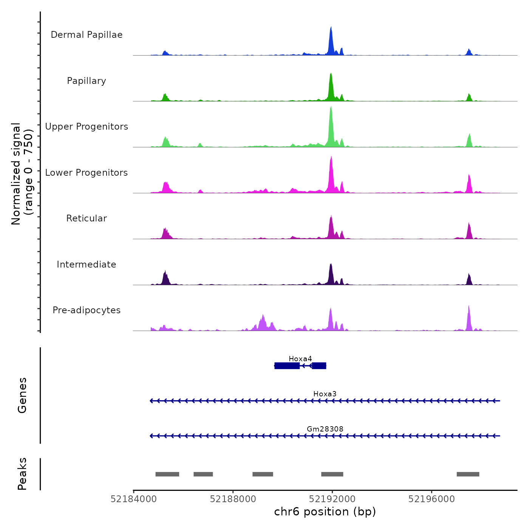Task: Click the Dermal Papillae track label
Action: pyautogui.click(x=87, y=35)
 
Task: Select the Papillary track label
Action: pyautogui.click(x=87, y=81)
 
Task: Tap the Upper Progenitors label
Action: pyautogui.click(x=87, y=127)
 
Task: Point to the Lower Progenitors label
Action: pyautogui.click(x=87, y=173)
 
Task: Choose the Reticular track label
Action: pyautogui.click(x=87, y=218)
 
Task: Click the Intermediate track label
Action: pyautogui.click(x=87, y=264)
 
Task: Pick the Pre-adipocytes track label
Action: pyautogui.click(x=87, y=310)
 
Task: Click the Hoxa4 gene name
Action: pyautogui.click(x=300, y=359)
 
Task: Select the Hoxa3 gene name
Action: pyautogui.click(x=325, y=394)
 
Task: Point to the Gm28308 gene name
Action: pyautogui.click(x=325, y=429)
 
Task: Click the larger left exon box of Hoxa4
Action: pyautogui.click(x=287, y=366)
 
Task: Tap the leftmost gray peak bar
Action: pyautogui.click(x=167, y=474)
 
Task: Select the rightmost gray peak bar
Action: pyautogui.click(x=468, y=474)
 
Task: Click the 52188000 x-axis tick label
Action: pyautogui.click(x=233, y=499)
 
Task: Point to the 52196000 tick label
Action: pyautogui.click(x=432, y=499)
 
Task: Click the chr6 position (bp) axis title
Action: pyautogui.click(x=325, y=512)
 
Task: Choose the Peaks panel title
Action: pyautogui.click(x=22, y=474)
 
